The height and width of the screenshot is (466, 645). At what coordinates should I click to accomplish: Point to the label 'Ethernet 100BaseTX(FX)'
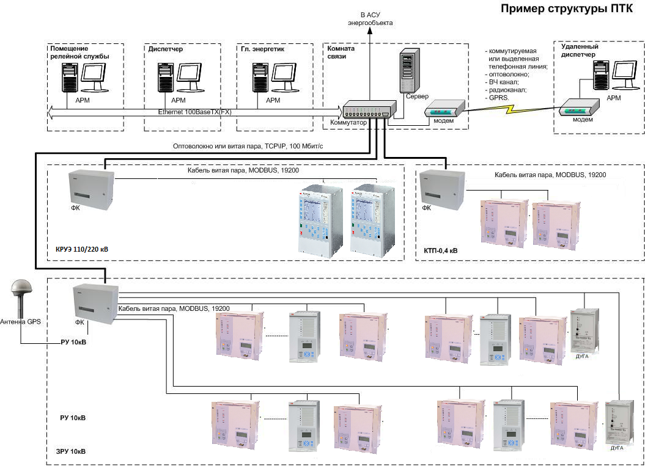click(x=194, y=112)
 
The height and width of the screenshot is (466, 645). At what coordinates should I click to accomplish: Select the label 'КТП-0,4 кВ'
click(x=440, y=250)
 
